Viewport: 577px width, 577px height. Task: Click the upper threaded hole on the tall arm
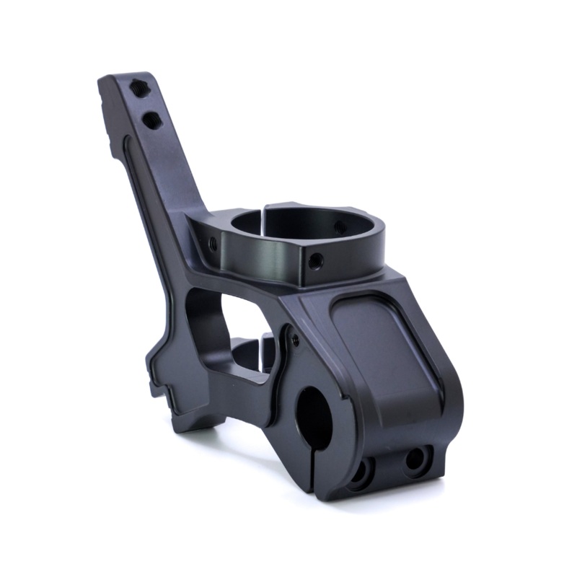(x=140, y=89)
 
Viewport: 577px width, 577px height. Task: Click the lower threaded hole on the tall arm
(x=151, y=120)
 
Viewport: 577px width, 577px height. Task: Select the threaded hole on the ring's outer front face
(x=315, y=260)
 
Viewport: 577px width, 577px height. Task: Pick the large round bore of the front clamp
(x=314, y=415)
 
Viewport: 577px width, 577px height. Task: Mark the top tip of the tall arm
(x=123, y=76)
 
